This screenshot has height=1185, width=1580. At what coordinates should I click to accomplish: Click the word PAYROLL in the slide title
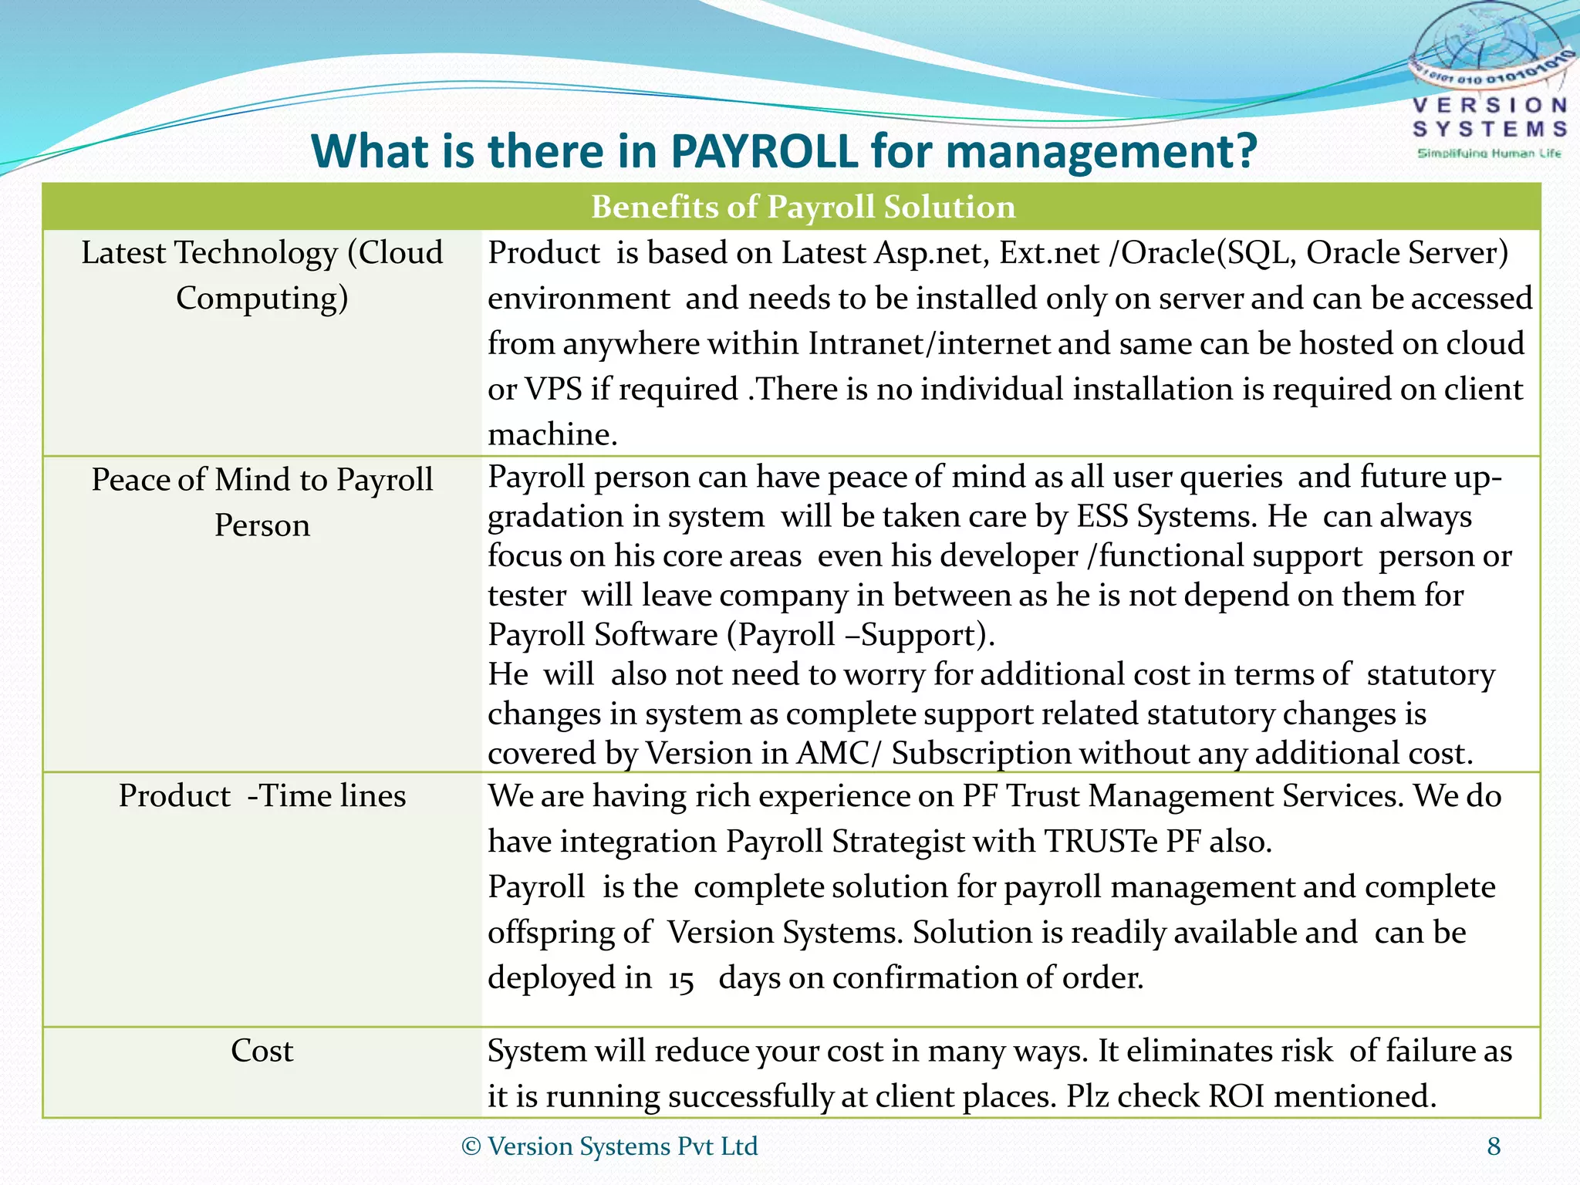[x=764, y=150]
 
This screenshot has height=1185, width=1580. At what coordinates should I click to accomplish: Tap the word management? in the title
[x=1102, y=152]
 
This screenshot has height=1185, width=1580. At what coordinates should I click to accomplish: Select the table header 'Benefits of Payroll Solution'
[x=803, y=207]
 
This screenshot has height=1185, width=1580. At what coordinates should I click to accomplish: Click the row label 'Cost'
[x=262, y=1051]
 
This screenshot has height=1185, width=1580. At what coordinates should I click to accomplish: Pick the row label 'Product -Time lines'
[x=262, y=796]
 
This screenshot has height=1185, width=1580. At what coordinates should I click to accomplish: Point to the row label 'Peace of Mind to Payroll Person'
[x=262, y=501]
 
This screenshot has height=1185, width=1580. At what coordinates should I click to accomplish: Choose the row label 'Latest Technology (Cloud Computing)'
[x=262, y=275]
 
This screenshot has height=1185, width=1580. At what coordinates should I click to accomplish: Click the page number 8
[x=1494, y=1146]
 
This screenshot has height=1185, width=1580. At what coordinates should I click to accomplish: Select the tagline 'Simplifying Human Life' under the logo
[x=1489, y=154]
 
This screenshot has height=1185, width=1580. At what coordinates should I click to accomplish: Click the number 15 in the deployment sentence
[x=680, y=980]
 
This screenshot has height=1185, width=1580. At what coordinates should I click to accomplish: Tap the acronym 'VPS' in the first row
[x=553, y=389]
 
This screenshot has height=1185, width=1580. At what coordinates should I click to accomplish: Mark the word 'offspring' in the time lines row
[x=569, y=933]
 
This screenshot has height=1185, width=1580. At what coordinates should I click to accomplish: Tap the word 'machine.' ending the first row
[x=552, y=434]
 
